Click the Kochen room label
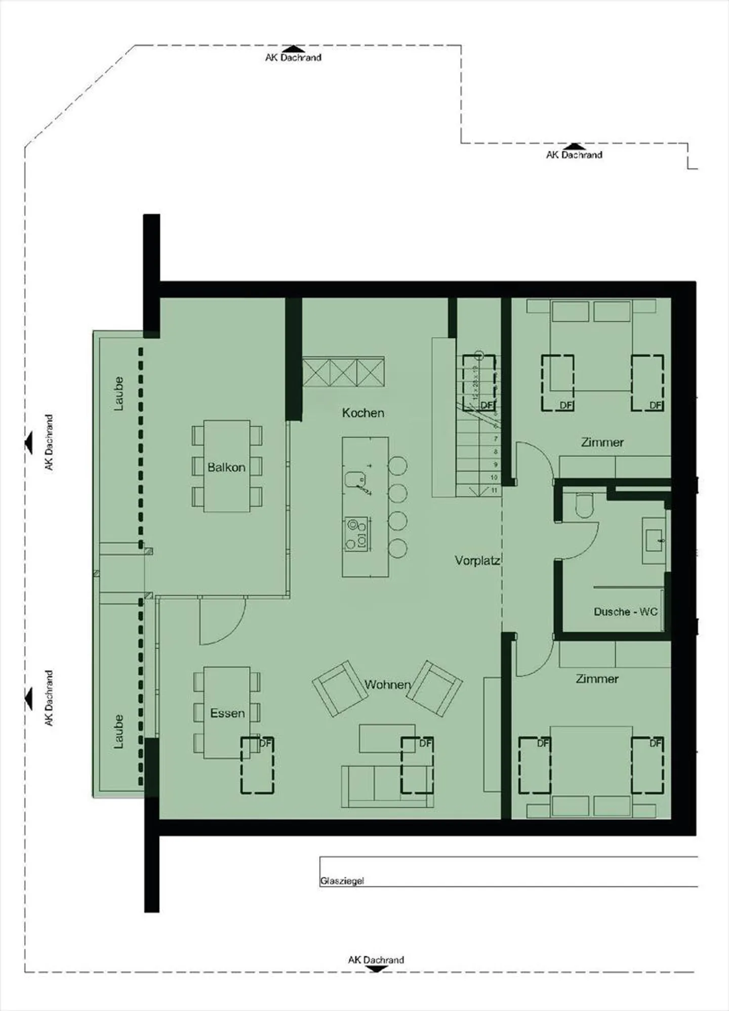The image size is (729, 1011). coord(363,413)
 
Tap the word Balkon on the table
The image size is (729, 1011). coord(226,467)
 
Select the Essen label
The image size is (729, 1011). coord(227,713)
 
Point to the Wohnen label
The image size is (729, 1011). coord(387,685)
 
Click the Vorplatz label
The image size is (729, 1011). coord(477,561)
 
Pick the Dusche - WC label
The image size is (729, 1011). coord(625,612)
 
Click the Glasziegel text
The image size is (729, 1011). coord(342,881)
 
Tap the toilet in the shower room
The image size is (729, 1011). coord(584,506)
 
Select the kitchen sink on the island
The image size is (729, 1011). coord(355,478)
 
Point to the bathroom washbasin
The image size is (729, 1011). coord(654,540)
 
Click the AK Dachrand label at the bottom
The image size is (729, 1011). coord(376,960)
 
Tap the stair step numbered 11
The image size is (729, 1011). coord(494,490)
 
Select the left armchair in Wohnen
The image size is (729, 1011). coord(340,688)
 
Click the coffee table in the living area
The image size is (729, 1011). coord(387,738)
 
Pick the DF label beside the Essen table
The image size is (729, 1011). coord(265,743)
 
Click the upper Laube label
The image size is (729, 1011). coord(118,393)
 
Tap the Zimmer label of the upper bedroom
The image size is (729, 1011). coord(602,442)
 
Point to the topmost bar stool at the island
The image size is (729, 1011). coord(398,466)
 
